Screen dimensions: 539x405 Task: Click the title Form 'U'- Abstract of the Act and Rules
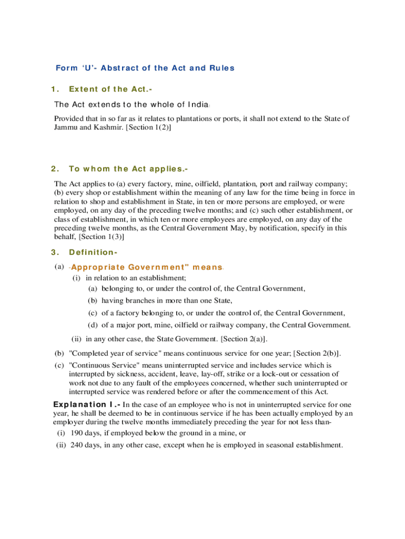tap(145, 68)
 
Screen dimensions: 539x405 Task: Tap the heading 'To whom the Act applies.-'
tap(128, 169)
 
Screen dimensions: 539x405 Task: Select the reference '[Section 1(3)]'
tap(102, 237)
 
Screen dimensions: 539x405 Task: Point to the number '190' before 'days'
tap(76, 433)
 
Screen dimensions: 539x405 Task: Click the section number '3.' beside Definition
tap(56, 253)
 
